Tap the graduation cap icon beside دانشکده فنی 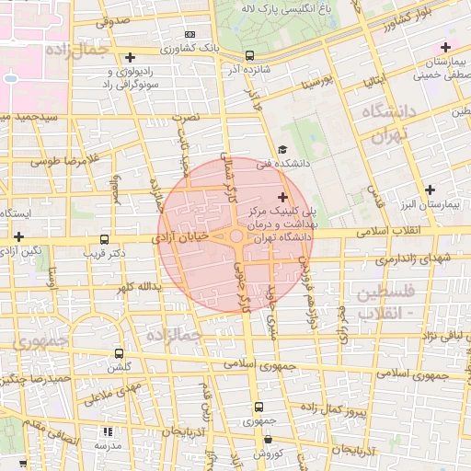(x=282, y=150)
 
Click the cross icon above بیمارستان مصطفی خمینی (x=446, y=47)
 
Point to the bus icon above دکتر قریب (x=104, y=237)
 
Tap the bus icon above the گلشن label (x=119, y=353)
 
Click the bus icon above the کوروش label (x=267, y=440)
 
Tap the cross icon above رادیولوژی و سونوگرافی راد (x=130, y=57)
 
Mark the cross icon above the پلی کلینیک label (x=282, y=197)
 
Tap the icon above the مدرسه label (x=108, y=431)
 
